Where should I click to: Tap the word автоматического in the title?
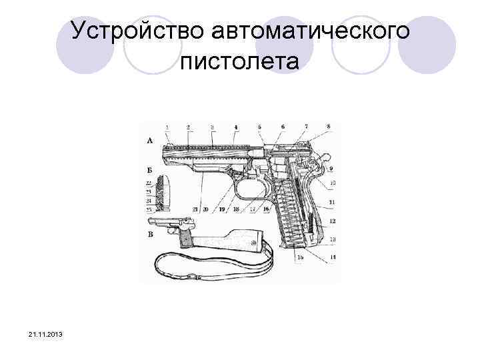point(307,31)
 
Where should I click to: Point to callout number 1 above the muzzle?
point(167,127)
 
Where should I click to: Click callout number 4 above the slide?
point(235,127)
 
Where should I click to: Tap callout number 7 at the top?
point(306,126)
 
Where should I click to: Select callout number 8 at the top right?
point(328,126)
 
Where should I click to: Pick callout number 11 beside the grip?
point(332,202)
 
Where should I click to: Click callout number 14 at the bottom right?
point(332,257)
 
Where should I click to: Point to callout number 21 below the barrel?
point(195,209)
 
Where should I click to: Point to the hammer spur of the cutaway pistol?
point(325,156)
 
